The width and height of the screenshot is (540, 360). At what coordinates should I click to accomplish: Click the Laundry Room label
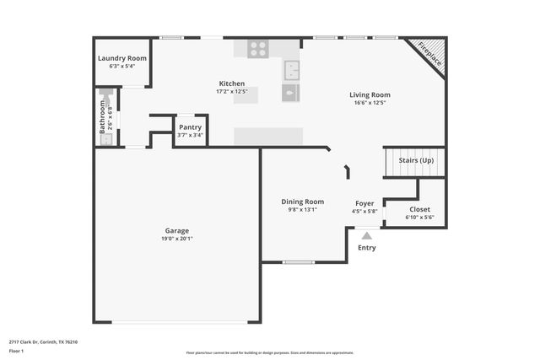tap(122, 58)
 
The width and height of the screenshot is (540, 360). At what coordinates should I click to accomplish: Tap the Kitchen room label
tap(232, 83)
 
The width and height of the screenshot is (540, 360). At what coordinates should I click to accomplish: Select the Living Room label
tap(370, 94)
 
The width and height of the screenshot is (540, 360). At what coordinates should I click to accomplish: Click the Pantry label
tap(190, 127)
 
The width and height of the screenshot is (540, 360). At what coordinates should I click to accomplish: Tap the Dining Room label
tap(303, 201)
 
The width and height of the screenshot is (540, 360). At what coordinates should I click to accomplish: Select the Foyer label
tap(364, 203)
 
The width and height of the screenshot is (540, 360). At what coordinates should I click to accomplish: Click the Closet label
tap(419, 209)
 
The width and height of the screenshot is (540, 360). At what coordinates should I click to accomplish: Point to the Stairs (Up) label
tap(416, 160)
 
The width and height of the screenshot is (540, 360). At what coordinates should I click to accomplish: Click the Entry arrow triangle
tap(366, 237)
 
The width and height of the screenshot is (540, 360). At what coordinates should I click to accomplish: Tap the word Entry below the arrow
tap(367, 248)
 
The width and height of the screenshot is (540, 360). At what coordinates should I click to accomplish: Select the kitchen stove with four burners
tap(258, 49)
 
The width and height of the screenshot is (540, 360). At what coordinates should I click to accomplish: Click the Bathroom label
tap(102, 118)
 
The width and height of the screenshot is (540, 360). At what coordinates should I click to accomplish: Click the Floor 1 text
tap(17, 351)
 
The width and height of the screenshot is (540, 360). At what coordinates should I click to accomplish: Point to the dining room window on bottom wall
tap(299, 262)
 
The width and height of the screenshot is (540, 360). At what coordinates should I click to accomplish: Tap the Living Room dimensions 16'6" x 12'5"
tap(370, 103)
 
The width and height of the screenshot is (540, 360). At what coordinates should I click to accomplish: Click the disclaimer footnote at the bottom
tap(270, 353)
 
